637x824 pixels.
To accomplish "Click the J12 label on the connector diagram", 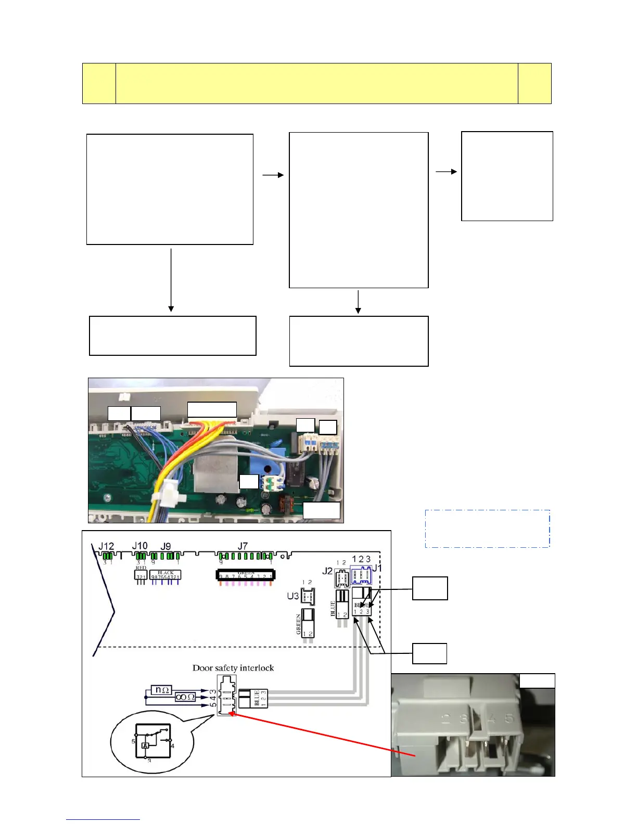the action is click(x=106, y=546).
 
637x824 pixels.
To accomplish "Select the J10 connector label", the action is click(x=139, y=546).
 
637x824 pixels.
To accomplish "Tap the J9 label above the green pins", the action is click(x=165, y=546).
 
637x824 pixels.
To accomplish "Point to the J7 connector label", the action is click(x=243, y=546).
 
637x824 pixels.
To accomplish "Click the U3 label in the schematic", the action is click(x=292, y=596).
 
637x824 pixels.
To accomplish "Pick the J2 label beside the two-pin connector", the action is click(x=327, y=571).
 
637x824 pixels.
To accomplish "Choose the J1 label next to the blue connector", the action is click(x=377, y=568).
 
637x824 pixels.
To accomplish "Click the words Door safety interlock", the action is click(x=233, y=668).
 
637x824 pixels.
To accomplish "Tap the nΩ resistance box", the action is click(x=161, y=690).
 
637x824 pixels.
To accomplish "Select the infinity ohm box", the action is click(x=185, y=697).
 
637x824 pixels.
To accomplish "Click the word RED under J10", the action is click(x=141, y=568).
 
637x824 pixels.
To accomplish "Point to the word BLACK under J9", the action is click(x=165, y=573).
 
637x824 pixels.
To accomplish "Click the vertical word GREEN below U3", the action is click(x=299, y=624).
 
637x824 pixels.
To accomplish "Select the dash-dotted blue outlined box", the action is click(x=487, y=529).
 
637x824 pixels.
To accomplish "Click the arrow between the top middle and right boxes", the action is click(x=446, y=171).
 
